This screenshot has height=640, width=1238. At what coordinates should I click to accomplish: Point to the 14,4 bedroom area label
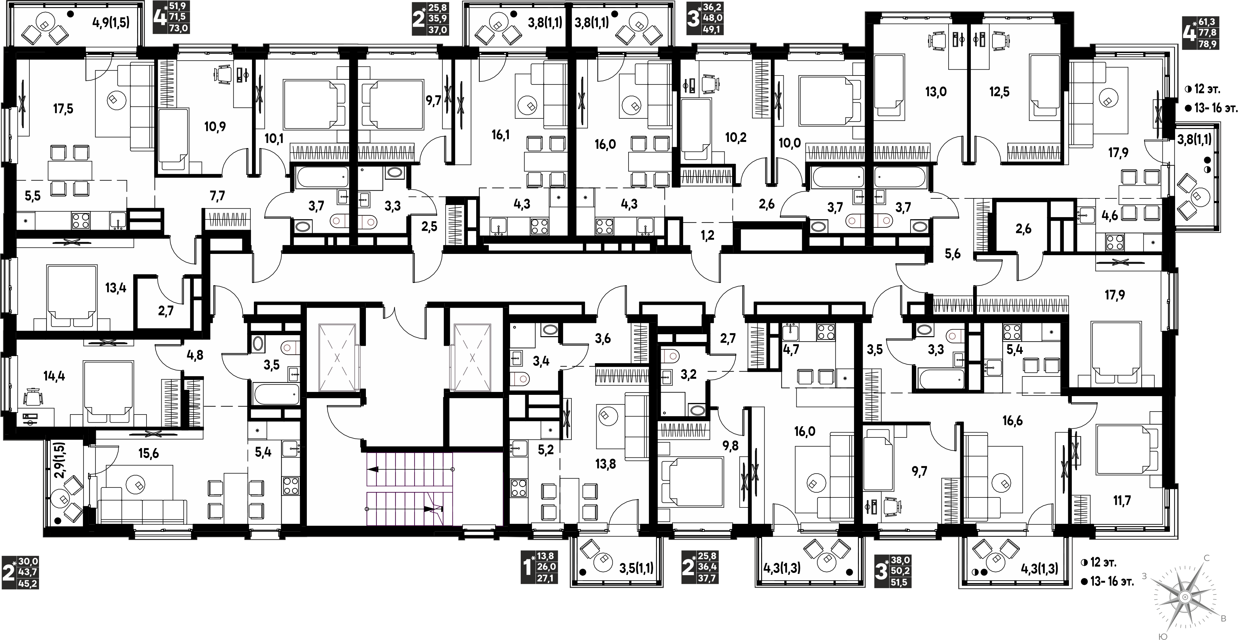tap(54, 376)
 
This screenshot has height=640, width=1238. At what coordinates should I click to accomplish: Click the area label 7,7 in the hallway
tap(217, 195)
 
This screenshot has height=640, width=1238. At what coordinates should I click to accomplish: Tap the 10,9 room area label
tap(215, 127)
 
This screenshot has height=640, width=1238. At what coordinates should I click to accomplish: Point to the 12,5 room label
tap(999, 91)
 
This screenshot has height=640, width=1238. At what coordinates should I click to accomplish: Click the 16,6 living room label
tap(1012, 421)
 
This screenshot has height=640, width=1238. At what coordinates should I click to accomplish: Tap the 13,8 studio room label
tap(605, 464)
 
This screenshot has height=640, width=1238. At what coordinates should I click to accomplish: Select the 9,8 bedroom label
tap(730, 446)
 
